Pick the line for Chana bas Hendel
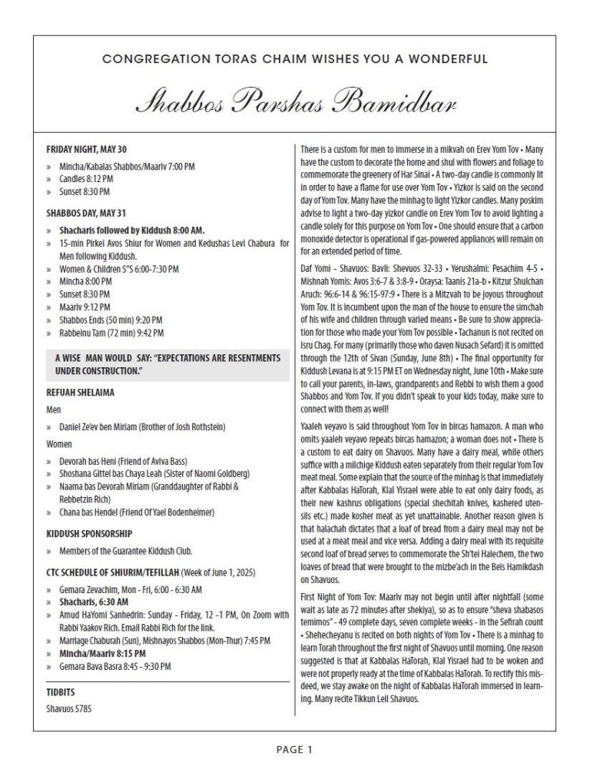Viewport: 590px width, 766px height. tap(96, 512)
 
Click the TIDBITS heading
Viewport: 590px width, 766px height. tap(60, 692)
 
